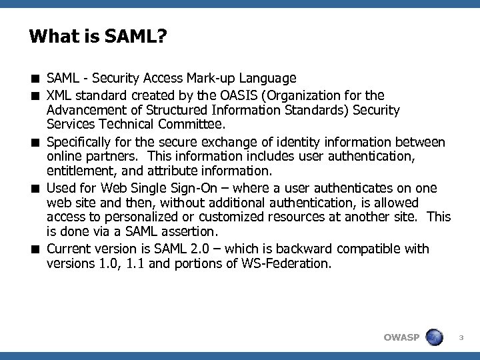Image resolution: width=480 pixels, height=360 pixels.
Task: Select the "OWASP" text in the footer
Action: tap(401, 337)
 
